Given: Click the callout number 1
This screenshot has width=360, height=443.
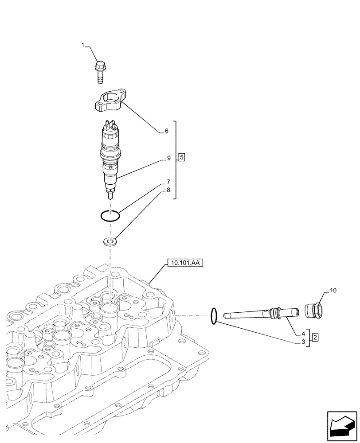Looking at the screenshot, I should [82, 45].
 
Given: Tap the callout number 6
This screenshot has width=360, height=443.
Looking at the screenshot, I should [166, 131].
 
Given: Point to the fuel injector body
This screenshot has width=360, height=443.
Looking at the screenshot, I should [110, 159].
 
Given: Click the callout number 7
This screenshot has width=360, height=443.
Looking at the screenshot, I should [168, 182].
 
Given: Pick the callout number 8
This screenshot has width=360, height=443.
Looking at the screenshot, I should [168, 190].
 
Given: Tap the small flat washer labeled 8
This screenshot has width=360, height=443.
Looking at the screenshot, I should [110, 242].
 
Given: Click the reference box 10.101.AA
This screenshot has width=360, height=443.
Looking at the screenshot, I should [185, 263].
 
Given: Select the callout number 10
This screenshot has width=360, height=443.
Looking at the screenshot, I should [333, 291].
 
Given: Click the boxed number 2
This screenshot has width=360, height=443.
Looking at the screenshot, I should [315, 338].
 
